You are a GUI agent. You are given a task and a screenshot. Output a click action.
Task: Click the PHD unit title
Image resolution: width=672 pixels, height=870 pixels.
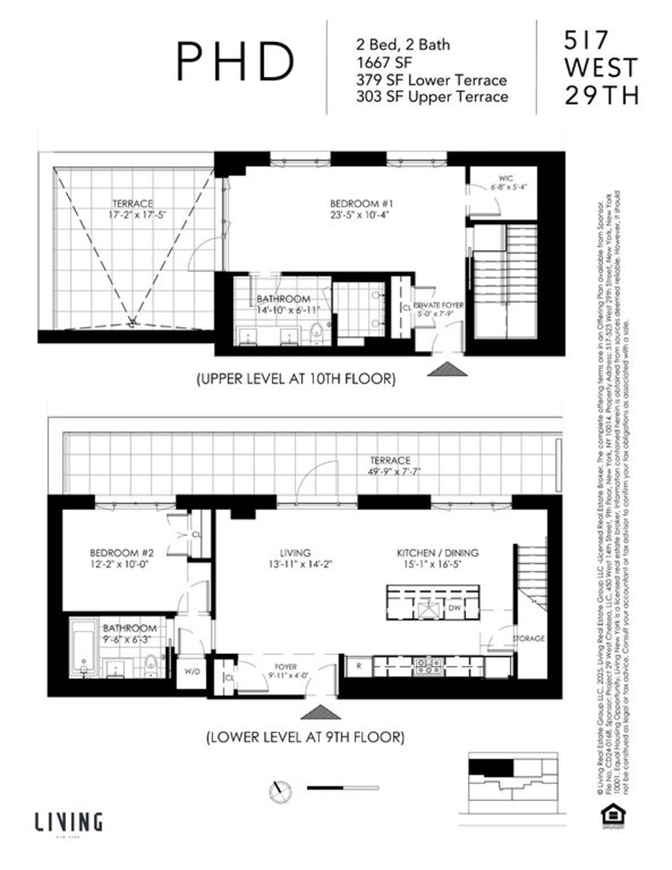click(236, 62)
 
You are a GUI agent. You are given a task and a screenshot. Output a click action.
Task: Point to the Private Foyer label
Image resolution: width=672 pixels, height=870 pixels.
click(438, 305)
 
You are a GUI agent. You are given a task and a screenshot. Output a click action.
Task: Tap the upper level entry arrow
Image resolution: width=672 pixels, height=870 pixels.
click(447, 369)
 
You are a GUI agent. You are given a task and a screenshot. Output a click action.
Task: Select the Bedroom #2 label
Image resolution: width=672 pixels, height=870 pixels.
click(122, 553)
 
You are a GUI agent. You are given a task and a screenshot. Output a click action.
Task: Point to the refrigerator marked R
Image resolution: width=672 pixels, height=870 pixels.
click(359, 666)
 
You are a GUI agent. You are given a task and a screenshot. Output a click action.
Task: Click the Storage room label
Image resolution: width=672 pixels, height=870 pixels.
click(528, 638)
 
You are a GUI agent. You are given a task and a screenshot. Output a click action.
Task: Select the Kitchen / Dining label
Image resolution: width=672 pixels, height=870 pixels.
click(438, 553)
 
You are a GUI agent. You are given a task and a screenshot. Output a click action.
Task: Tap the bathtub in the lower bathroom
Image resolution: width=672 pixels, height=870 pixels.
click(84, 648)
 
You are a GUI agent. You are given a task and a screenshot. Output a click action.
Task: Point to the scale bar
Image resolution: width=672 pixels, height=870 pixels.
click(343, 788)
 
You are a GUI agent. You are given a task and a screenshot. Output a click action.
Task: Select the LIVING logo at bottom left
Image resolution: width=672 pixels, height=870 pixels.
click(69, 823)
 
